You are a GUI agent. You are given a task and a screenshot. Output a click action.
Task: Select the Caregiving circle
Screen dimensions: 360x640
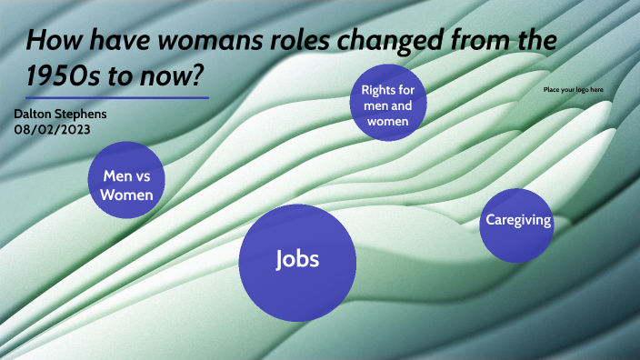(x=517, y=225)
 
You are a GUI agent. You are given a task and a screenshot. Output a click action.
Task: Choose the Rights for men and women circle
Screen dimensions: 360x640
(x=389, y=103)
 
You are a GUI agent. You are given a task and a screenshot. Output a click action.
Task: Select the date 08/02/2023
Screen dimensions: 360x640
(x=52, y=129)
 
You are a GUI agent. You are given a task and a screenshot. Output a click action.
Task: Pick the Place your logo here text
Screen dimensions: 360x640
(x=573, y=90)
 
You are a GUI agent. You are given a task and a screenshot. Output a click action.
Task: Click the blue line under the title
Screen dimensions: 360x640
(x=117, y=97)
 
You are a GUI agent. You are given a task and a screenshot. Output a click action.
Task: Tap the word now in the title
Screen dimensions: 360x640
(x=185, y=73)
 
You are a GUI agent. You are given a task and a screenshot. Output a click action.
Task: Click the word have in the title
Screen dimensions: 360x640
(x=111, y=41)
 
